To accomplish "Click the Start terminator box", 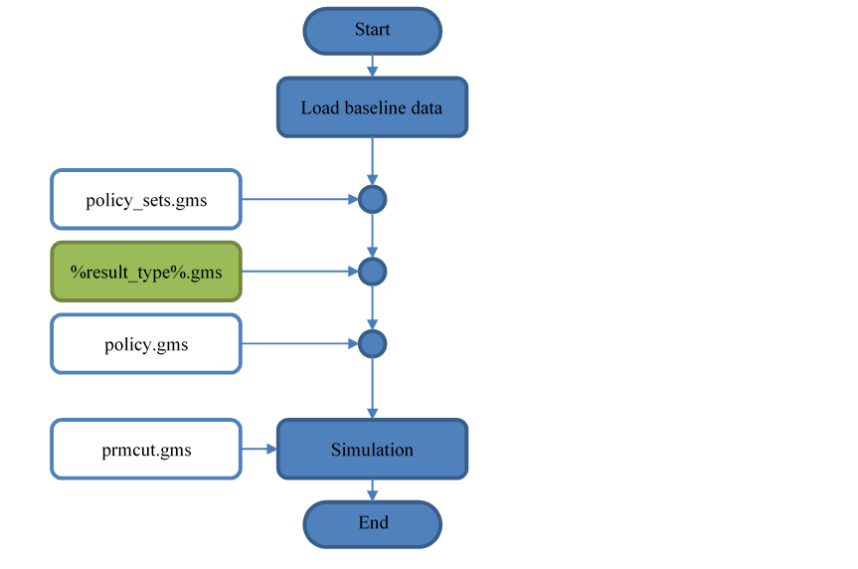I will click(372, 30).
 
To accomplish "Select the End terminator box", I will click(372, 523).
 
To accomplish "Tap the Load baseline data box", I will click(372, 107).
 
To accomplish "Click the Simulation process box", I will click(372, 450).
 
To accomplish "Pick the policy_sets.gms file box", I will click(146, 200).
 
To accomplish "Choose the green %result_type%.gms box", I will click(146, 272).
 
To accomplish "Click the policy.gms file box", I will click(146, 345).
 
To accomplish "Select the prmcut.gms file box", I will click(146, 450).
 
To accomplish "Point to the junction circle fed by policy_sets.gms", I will click(372, 200).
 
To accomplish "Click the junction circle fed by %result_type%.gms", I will click(372, 272).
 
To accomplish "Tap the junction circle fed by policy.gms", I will click(372, 344).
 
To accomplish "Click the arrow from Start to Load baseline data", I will click(372, 66).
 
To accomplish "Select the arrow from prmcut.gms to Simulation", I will click(258, 450).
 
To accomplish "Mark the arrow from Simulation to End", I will click(372, 489).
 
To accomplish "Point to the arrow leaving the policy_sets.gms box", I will click(298, 200).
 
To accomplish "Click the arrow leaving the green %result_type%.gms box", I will click(298, 272).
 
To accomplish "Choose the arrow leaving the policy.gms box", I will click(298, 344).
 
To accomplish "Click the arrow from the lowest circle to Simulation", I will click(372, 388).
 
